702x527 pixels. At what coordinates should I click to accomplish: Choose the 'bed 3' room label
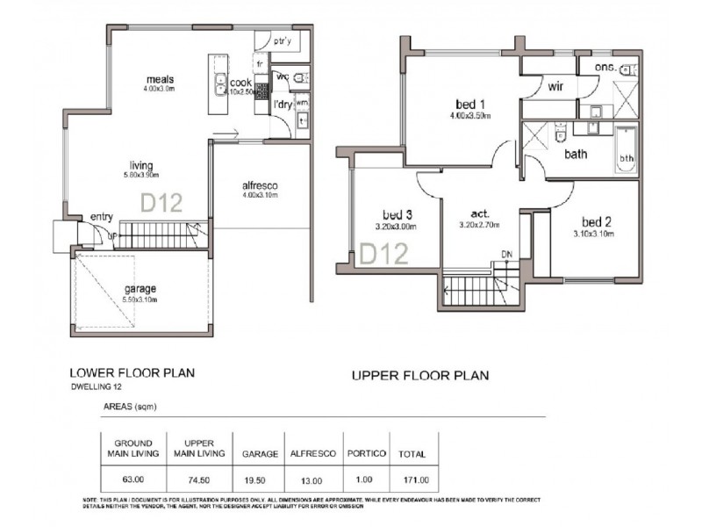[398, 215]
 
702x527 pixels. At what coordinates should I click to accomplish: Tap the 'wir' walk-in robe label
[555, 88]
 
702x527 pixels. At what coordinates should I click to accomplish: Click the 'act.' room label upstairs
[479, 213]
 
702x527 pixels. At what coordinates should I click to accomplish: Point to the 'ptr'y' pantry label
[282, 41]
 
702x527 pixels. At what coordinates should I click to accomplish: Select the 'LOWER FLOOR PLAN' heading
[131, 372]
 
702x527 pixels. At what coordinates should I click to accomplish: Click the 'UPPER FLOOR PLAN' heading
[420, 376]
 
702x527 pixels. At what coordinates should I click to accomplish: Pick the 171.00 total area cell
[412, 480]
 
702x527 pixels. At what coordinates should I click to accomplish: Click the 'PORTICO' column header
[366, 453]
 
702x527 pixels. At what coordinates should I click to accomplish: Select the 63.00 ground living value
[134, 480]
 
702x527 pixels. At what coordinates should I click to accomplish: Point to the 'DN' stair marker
[506, 255]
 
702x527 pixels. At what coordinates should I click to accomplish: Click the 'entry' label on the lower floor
[102, 217]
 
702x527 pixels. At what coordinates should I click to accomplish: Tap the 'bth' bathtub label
[627, 159]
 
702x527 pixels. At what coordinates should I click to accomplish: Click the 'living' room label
[142, 164]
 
